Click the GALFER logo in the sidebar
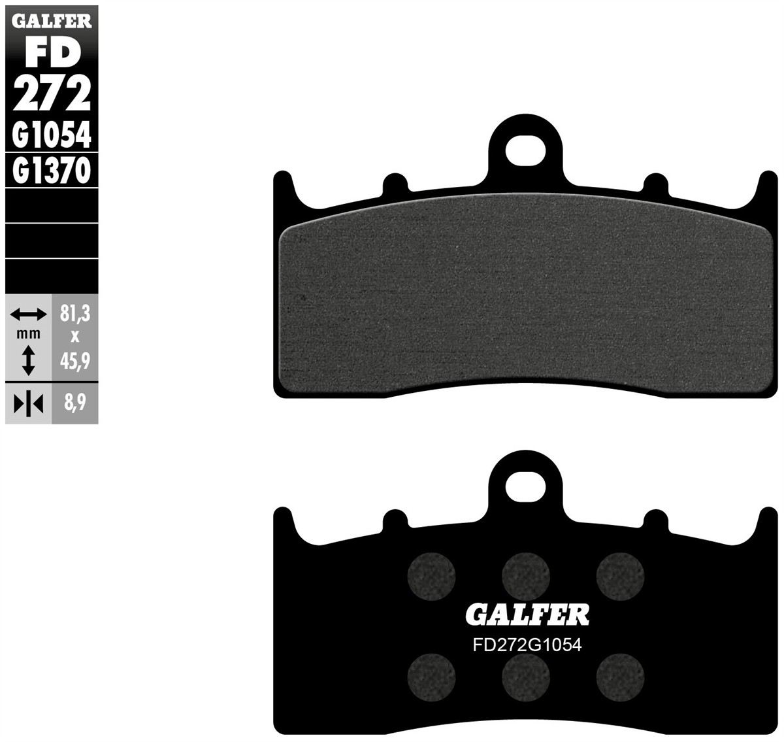52,21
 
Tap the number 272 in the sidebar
52,93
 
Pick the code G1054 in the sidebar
52,135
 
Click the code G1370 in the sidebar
52,171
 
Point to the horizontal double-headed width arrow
28,314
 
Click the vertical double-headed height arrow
28,360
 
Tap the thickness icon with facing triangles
28,404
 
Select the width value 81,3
75,314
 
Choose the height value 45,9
75,362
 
